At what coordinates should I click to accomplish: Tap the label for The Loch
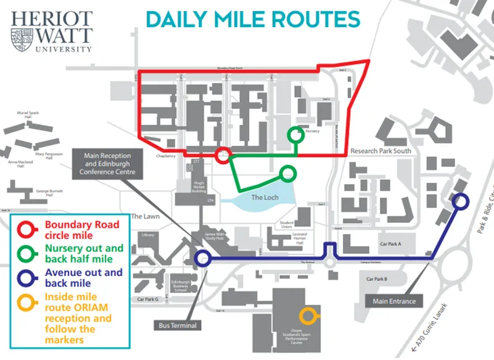(264, 198)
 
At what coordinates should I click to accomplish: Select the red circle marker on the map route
(224, 154)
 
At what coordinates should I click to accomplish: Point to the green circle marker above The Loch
(287, 173)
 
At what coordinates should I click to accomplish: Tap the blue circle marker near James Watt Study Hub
(202, 259)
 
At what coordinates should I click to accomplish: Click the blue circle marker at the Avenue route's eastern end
(461, 201)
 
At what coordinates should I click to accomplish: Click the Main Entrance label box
(395, 301)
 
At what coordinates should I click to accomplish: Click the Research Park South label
(379, 151)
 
